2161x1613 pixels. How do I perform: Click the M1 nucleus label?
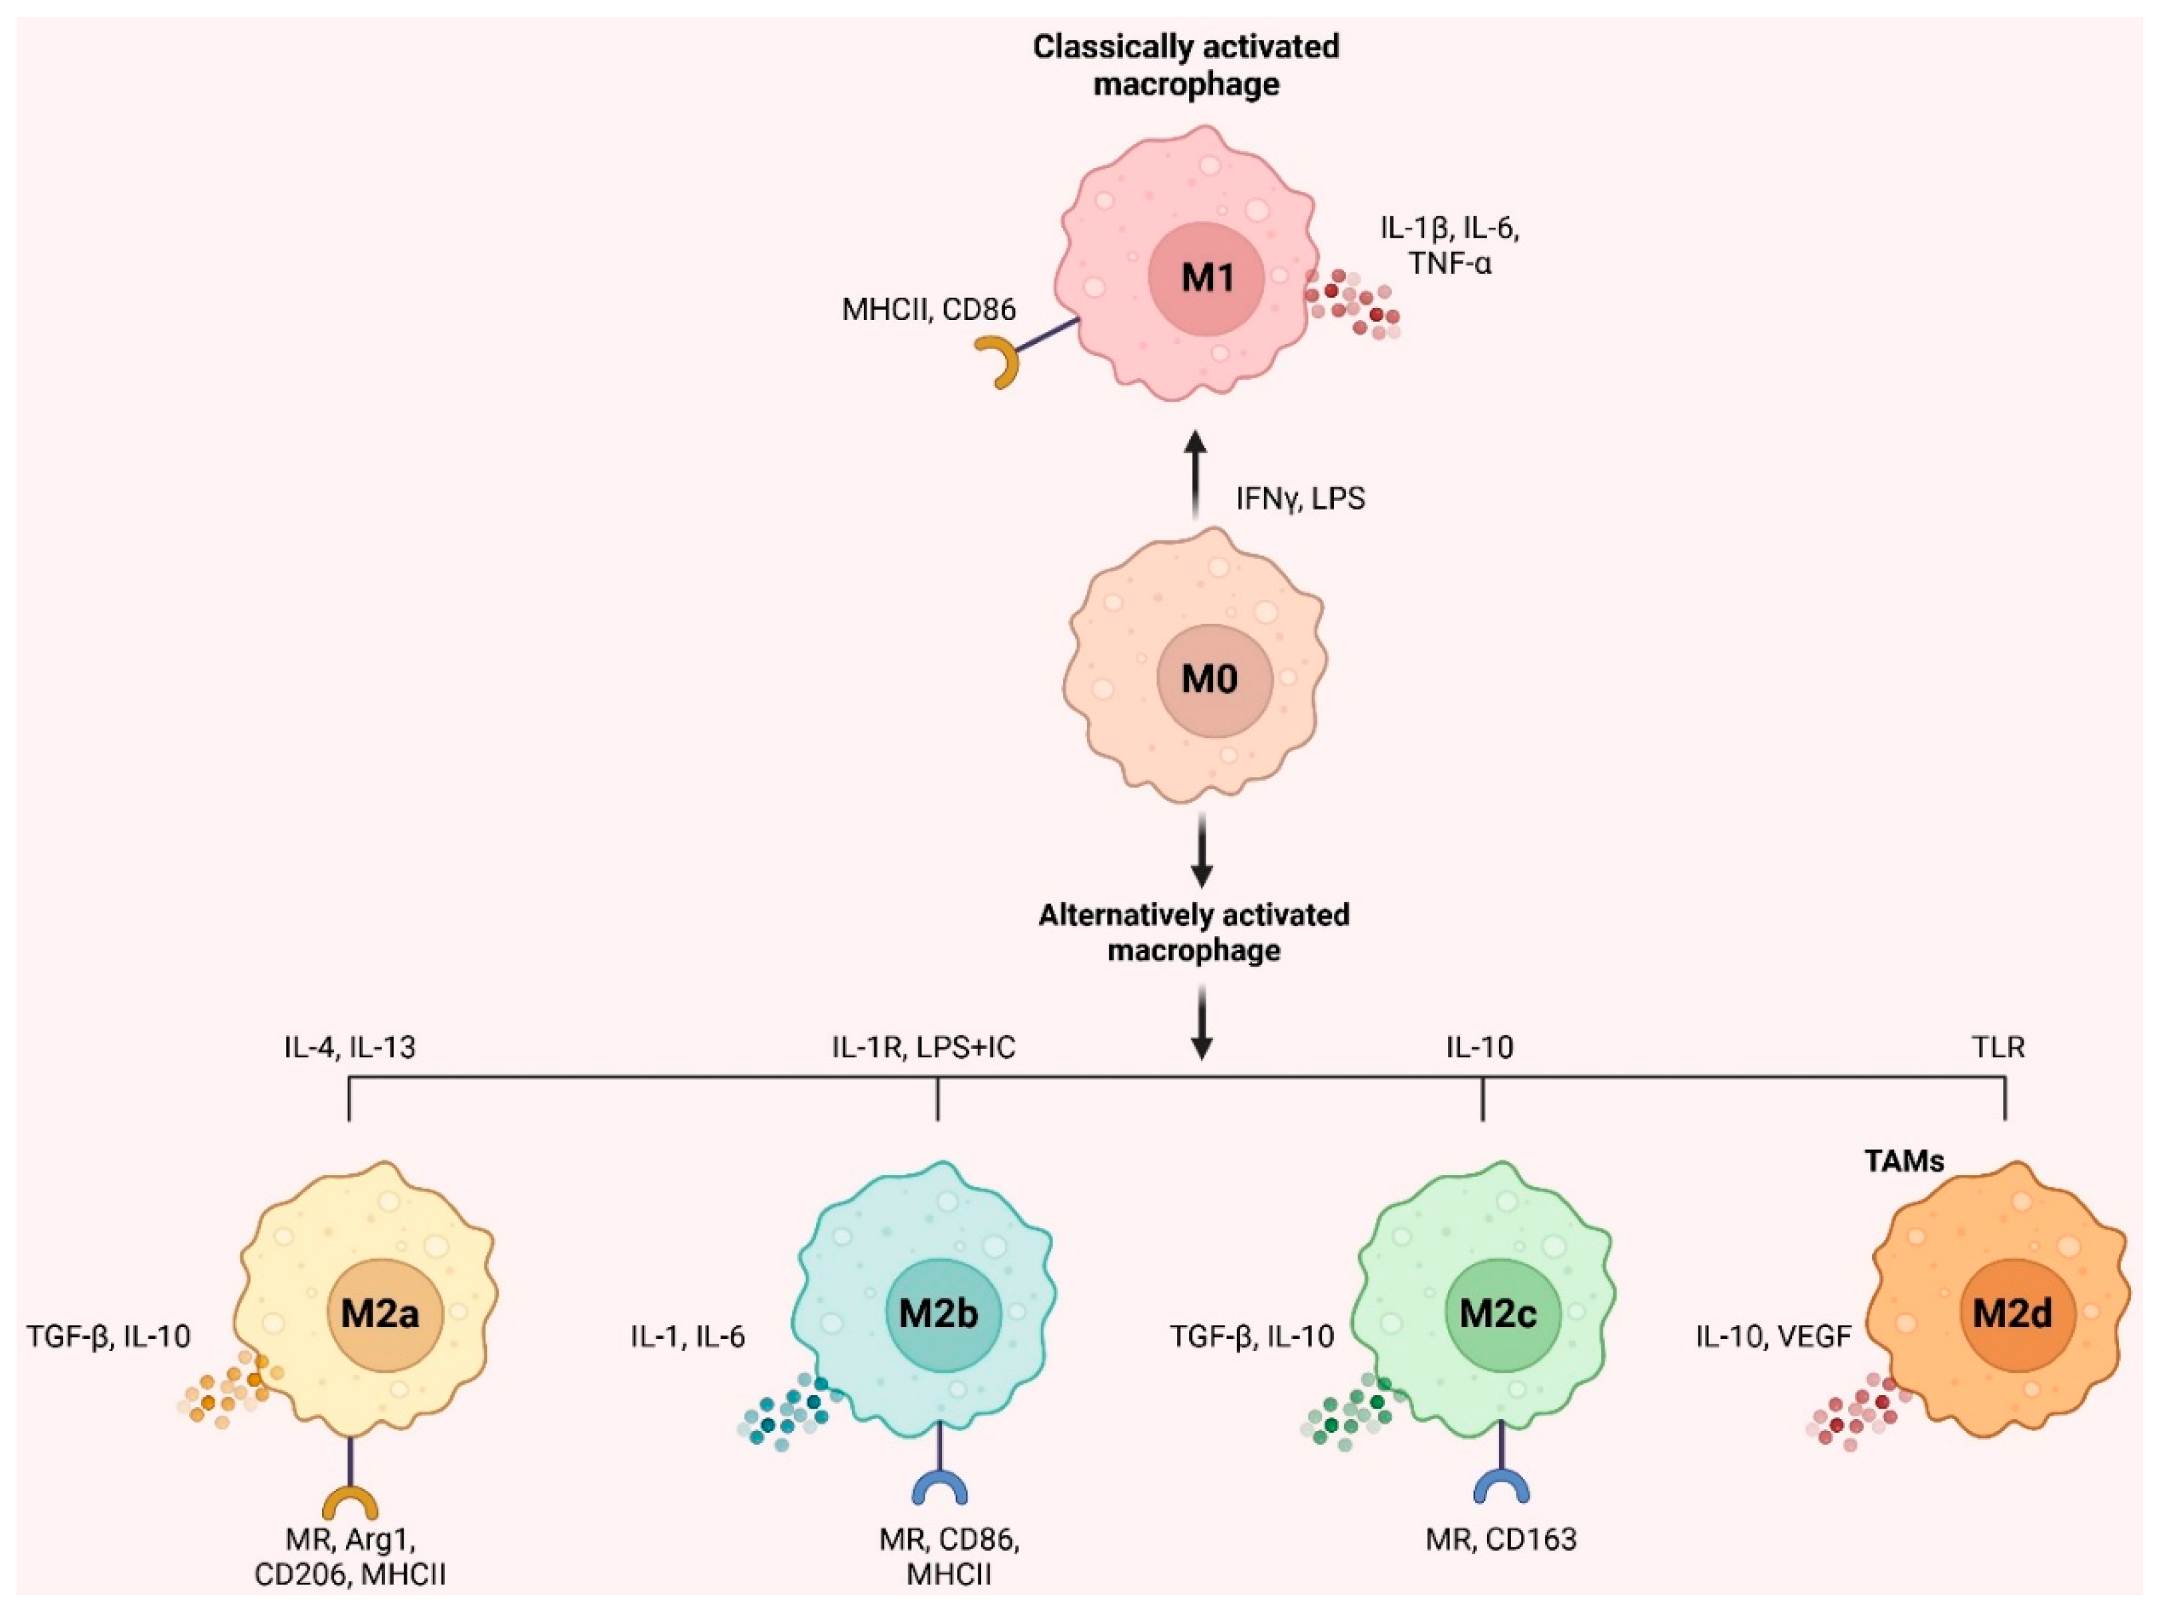coord(1207,278)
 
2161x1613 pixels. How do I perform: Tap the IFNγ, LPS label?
coord(1300,499)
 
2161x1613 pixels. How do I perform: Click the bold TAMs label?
coord(1903,1161)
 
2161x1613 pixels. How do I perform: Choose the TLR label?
coord(1997,1047)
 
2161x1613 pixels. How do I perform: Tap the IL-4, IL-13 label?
coord(350,1047)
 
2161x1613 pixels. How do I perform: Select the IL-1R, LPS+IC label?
coord(923,1047)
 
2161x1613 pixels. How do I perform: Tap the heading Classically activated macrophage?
coord(1186,64)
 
